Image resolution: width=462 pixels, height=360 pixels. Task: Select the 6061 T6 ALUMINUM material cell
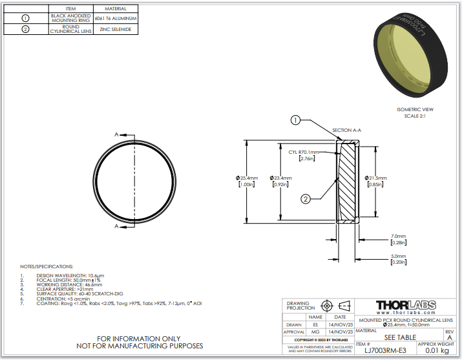tap(116, 18)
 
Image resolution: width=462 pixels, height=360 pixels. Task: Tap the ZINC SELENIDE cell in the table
tap(116, 30)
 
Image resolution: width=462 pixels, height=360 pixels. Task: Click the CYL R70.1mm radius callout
tap(304, 153)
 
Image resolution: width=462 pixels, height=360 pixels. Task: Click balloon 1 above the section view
tap(295, 120)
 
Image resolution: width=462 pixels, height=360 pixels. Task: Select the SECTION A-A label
tap(346, 130)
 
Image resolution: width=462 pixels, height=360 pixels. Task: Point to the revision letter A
tap(450, 337)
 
